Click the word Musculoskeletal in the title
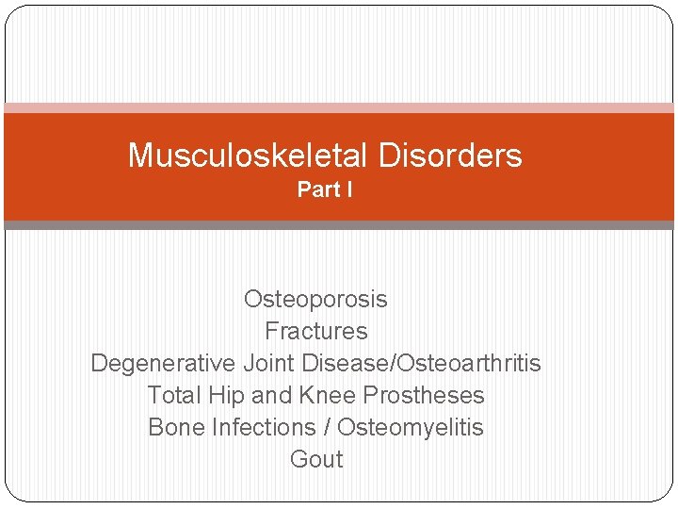237,156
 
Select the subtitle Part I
325,189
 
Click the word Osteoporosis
315,300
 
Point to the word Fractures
315,332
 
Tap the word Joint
271,364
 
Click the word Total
175,396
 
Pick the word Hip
227,396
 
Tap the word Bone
177,428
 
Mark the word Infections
265,428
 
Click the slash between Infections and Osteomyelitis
327,428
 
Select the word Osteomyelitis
411,428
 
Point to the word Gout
316,460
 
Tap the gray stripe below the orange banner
339,225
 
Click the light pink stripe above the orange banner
339,108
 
